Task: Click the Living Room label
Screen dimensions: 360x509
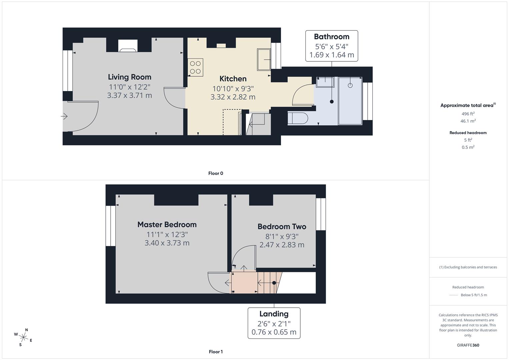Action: point(129,77)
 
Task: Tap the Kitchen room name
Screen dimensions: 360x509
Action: point(233,79)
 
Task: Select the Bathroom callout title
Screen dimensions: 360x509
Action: point(331,37)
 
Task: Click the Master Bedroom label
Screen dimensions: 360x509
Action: point(167,225)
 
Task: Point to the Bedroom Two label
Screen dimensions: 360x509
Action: point(282,227)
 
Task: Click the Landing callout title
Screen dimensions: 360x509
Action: point(274,314)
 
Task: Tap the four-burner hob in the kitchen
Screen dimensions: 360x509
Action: point(196,67)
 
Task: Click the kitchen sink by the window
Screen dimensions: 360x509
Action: point(264,59)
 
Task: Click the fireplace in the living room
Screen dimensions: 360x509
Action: point(128,46)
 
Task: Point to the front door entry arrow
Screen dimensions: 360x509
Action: point(64,116)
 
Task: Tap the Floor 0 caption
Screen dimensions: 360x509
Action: point(216,173)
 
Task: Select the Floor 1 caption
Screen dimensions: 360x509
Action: point(216,352)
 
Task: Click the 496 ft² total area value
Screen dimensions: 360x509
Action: point(468,114)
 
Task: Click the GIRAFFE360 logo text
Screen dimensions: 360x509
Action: point(468,345)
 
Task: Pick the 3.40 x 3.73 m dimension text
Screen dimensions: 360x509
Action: point(167,243)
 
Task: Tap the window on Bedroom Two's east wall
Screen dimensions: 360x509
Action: point(321,214)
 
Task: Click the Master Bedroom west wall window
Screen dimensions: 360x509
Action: point(110,226)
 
